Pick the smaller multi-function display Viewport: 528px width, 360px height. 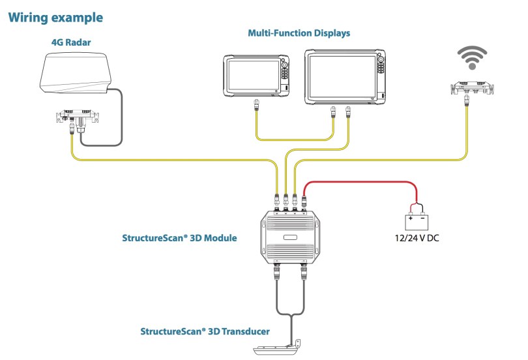pyautogui.click(x=256, y=76)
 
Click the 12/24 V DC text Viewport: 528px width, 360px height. pyautogui.click(x=417, y=239)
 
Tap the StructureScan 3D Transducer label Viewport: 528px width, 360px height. pyautogui.click(x=205, y=331)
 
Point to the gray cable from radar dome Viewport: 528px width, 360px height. pyautogui.click(x=121, y=117)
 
